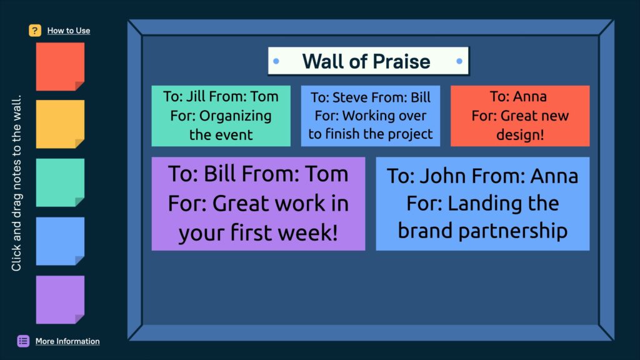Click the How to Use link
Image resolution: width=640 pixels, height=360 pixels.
69,31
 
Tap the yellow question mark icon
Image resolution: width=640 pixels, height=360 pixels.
35,31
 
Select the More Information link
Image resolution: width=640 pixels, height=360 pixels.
67,341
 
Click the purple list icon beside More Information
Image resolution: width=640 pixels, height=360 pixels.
23,341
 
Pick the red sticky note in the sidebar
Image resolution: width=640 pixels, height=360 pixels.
60,66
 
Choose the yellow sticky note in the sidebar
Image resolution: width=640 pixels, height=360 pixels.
60,124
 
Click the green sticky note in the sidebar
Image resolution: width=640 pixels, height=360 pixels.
60,182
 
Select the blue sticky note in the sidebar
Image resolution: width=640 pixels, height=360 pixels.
60,241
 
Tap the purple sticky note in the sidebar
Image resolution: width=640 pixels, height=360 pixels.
60,299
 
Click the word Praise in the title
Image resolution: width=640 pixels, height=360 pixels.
402,61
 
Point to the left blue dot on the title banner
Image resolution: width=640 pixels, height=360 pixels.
276,61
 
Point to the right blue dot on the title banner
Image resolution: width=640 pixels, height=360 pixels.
459,61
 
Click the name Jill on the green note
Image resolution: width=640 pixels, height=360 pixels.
196,97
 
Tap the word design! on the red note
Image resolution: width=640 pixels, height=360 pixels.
520,135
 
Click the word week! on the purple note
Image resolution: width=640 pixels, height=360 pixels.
307,232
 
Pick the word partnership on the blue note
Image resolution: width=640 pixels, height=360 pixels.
513,231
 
